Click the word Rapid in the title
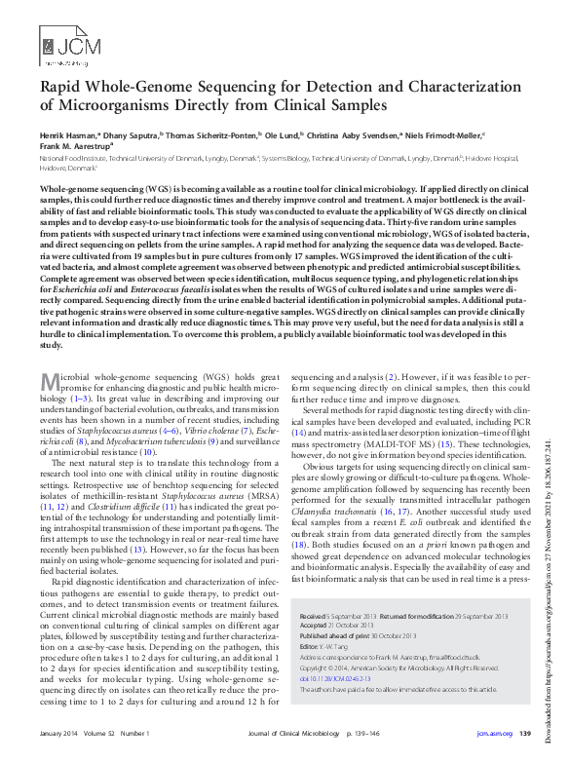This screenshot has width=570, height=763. point(62,87)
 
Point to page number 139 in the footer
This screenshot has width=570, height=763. point(524,733)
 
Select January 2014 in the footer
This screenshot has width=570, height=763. point(57,733)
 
